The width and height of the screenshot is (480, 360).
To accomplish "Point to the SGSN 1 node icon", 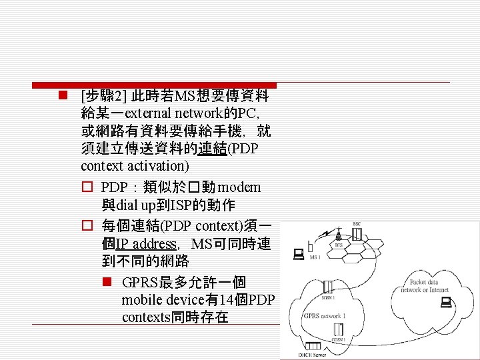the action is point(329,287).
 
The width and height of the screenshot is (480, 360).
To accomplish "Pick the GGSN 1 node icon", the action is point(339,329).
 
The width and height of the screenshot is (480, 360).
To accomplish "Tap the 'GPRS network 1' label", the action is point(325,315).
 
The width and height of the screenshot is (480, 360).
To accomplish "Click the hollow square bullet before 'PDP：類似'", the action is point(86,187).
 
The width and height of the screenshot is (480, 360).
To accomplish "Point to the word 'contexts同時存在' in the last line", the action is point(175,317).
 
